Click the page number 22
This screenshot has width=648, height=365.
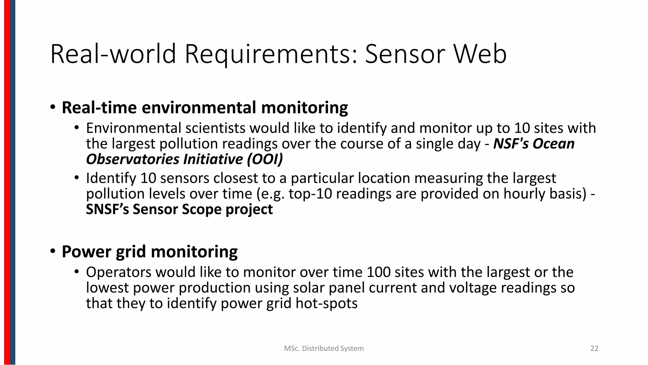point(594,349)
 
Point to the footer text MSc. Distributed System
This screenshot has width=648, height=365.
point(324,349)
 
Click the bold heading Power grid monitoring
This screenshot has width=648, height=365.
point(149,252)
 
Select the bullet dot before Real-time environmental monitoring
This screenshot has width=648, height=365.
point(53,107)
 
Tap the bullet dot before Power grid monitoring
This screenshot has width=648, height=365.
point(53,251)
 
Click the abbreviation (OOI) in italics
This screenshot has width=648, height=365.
point(265,159)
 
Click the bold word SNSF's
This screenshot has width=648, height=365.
point(108,209)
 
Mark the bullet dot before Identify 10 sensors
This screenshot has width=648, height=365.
point(76,178)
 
